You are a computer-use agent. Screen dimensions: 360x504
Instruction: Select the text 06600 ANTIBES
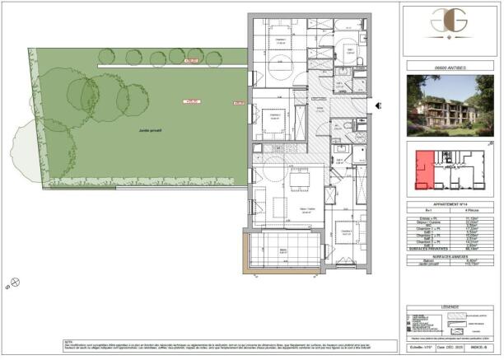coord(451,68)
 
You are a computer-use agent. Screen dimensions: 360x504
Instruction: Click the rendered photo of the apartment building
coord(451,107)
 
